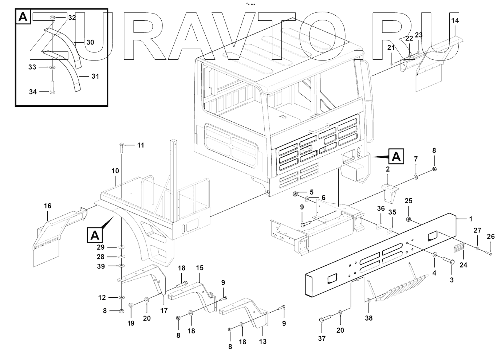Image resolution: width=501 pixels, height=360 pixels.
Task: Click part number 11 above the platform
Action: tap(141, 145)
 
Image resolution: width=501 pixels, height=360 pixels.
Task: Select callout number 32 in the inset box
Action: tap(72, 17)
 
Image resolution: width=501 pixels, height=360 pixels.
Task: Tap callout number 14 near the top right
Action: tap(455, 21)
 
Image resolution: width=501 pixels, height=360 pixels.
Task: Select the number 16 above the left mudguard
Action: tap(48, 206)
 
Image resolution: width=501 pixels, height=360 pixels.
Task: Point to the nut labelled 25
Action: tap(409, 219)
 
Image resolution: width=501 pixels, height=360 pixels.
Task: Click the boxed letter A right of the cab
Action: tap(396, 157)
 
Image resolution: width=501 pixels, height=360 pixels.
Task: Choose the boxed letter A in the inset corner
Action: tap(23, 17)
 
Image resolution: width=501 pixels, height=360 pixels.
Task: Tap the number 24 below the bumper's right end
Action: tap(463, 265)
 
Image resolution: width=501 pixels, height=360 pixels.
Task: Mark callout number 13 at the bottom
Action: tap(263, 341)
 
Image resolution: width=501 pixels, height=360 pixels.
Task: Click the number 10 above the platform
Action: tap(115, 171)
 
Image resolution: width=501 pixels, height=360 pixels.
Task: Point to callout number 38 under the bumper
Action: tap(368, 318)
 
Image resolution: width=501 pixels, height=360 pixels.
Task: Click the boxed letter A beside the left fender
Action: tap(95, 235)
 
